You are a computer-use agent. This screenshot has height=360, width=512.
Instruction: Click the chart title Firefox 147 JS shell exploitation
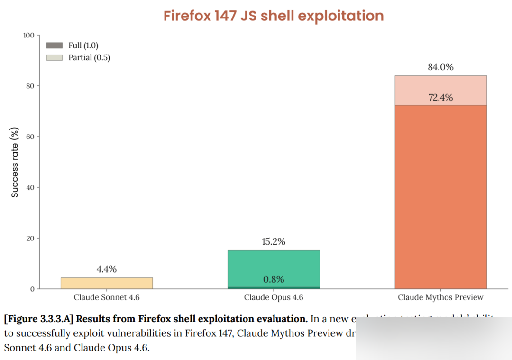pyautogui.click(x=274, y=16)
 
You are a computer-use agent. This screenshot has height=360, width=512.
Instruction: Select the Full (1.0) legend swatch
pyautogui.click(x=54, y=46)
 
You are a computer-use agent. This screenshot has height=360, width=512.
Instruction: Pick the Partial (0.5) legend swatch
pyautogui.click(x=54, y=57)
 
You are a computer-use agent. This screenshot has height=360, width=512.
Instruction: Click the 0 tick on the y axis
pyautogui.click(x=32, y=289)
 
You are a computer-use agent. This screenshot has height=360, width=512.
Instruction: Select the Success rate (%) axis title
pyautogui.click(x=15, y=162)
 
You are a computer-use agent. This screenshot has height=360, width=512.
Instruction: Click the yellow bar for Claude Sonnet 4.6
pyautogui.click(x=107, y=283)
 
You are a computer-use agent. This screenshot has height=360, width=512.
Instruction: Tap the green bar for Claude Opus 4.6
pyautogui.click(x=274, y=266)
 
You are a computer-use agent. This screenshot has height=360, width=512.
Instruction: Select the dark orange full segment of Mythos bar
pyautogui.click(x=440, y=197)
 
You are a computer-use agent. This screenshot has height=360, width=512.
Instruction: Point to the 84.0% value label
pyautogui.click(x=440, y=67)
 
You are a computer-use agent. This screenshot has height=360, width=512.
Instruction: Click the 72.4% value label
pyautogui.click(x=440, y=98)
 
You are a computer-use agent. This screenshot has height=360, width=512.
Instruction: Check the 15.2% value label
pyautogui.click(x=274, y=241)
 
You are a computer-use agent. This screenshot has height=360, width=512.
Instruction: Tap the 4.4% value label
pyautogui.click(x=107, y=269)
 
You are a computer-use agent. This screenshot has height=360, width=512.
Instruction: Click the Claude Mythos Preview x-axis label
pyautogui.click(x=440, y=297)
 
